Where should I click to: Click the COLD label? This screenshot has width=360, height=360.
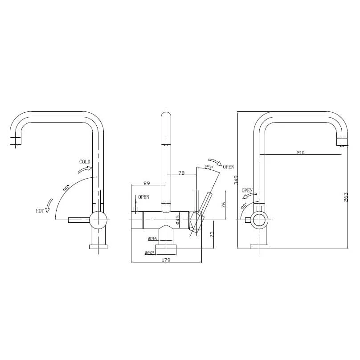click(85, 162)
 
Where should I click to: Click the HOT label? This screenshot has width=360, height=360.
click(40, 211)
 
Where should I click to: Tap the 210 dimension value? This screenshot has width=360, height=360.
click(300, 152)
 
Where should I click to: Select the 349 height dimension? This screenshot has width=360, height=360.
click(237, 180)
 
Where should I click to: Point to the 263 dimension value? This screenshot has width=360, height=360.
click(346, 197)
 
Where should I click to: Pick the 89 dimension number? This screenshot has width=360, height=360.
click(147, 183)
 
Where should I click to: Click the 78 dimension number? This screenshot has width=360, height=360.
click(181, 173)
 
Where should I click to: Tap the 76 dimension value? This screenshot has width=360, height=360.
click(224, 205)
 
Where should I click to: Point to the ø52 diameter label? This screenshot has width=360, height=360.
click(149, 253)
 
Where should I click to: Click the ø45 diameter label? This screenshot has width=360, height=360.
click(177, 220)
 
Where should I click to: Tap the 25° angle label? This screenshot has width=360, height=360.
click(208, 168)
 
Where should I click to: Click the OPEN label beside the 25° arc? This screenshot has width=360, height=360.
click(228, 167)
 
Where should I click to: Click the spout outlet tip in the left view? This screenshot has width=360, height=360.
click(16, 142)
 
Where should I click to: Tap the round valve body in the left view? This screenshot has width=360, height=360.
click(98, 220)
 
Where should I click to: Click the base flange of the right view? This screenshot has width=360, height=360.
click(259, 246)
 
